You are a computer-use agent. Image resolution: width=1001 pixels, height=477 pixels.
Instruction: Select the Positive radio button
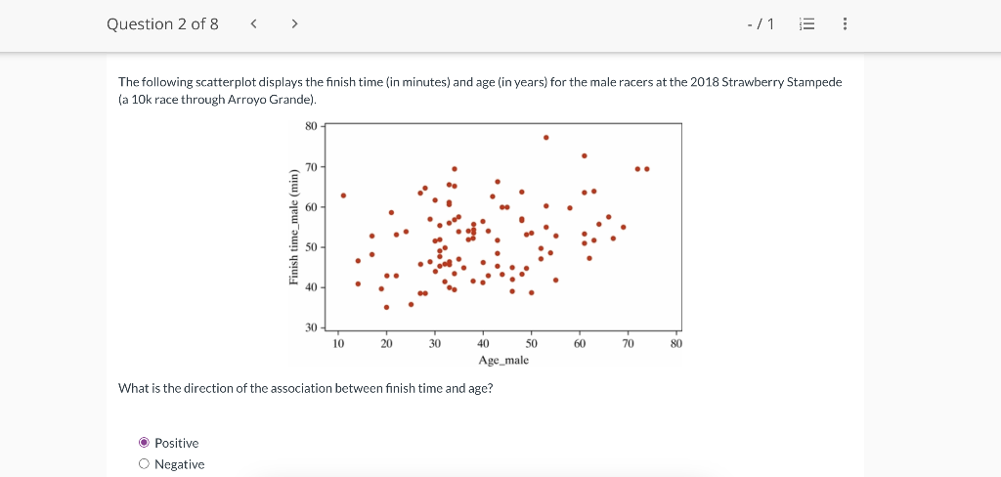144,443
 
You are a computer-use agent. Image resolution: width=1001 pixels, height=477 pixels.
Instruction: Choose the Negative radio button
144,464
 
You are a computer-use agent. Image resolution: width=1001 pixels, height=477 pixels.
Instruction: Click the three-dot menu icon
845,24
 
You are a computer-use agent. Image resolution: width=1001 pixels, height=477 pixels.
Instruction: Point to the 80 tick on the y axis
311,126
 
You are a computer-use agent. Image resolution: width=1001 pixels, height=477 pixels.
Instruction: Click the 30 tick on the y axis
311,326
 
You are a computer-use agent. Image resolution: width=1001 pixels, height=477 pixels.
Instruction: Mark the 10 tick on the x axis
338,343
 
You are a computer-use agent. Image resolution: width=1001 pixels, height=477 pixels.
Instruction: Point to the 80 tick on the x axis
677,343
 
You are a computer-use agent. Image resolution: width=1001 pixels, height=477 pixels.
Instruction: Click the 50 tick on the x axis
532,343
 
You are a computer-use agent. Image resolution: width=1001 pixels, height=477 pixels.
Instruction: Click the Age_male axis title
503,361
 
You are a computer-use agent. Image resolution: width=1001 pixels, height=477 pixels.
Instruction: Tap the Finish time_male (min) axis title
293,229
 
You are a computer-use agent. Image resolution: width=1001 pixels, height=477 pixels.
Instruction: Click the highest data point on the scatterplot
545,137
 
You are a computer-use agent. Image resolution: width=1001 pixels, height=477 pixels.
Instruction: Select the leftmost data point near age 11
343,195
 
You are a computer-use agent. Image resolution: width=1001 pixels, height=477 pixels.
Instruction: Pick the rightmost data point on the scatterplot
647,169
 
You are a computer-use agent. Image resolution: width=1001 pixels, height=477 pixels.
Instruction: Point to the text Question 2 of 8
162,23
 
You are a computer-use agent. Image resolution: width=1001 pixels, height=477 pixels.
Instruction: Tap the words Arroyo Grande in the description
270,100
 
